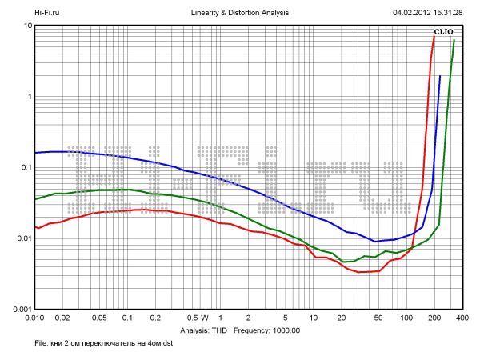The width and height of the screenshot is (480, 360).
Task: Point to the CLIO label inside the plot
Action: pyautogui.click(x=443, y=32)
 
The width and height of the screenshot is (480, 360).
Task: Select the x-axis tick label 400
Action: pyautogui.click(x=462, y=318)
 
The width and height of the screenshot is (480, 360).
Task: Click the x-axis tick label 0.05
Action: pyautogui.click(x=99, y=318)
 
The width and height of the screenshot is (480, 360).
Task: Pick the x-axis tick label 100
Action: pyautogui.click(x=407, y=318)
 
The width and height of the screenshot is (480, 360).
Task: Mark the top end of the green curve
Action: pyautogui.click(x=454, y=40)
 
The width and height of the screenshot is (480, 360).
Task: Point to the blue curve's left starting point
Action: pyautogui.click(x=34, y=153)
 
